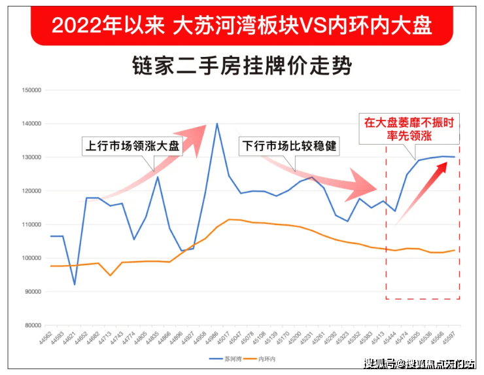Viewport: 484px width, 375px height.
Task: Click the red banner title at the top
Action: coord(241,24)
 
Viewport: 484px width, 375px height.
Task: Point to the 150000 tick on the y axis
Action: coord(32,90)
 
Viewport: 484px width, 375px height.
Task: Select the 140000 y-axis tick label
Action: coord(32,124)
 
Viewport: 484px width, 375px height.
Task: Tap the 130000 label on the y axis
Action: coord(32,157)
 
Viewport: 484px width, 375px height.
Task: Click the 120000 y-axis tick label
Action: coord(32,191)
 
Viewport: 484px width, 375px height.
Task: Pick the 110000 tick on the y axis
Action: coord(32,224)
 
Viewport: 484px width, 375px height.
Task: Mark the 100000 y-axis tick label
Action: coord(32,258)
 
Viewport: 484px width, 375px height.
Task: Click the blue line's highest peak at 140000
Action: coord(217,123)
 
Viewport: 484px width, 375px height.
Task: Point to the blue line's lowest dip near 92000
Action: coord(75,284)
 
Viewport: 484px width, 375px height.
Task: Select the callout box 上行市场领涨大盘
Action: coord(131,145)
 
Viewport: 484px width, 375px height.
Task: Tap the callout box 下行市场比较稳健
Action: coord(289,145)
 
